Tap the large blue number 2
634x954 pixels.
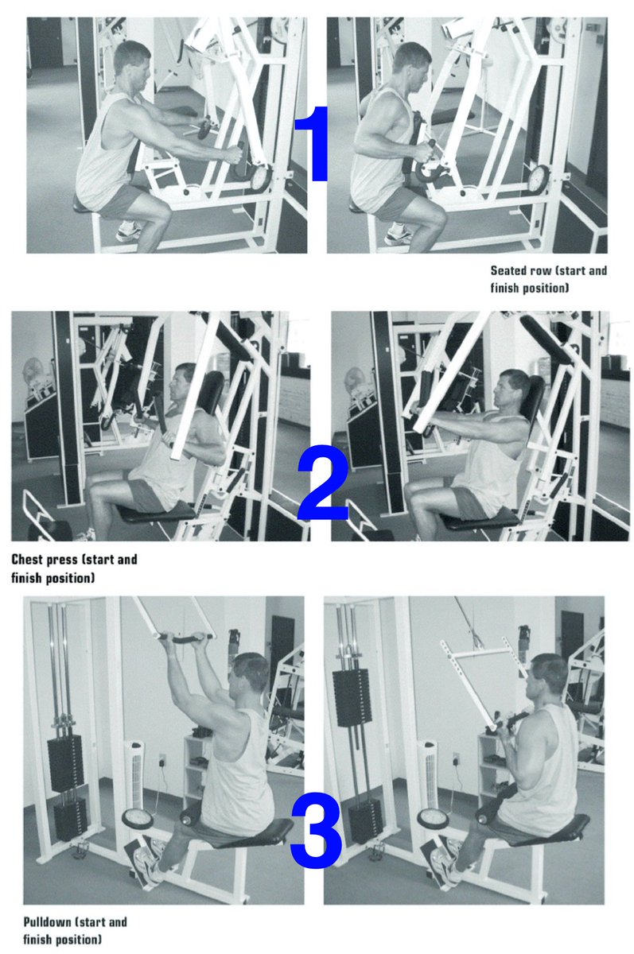click(322, 483)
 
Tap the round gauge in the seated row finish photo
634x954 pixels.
click(540, 177)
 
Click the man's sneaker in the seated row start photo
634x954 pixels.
click(129, 230)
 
